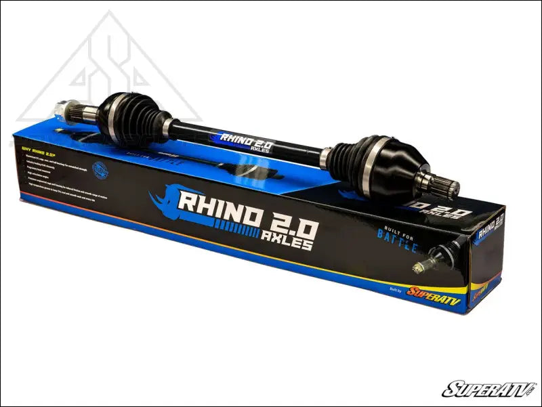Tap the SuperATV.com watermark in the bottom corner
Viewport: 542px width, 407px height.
pos(488,389)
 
